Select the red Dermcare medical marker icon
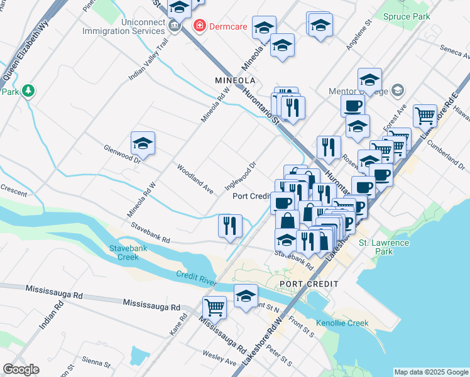tap(199, 26)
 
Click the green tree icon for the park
tap(28, 92)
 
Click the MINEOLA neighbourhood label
tap(235, 81)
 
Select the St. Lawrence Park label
tap(383, 247)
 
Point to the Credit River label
tap(197, 278)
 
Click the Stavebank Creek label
tap(124, 253)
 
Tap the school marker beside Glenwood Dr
tap(143, 144)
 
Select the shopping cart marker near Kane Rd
tap(215, 307)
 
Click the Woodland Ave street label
tap(195, 178)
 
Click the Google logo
tap(21, 369)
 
